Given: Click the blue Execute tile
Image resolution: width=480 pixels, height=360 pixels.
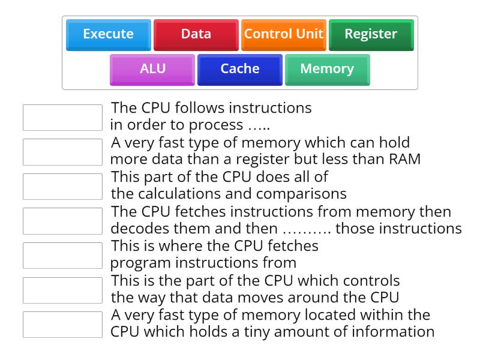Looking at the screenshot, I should (x=108, y=34).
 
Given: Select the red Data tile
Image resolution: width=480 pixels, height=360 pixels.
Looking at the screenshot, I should (x=196, y=34).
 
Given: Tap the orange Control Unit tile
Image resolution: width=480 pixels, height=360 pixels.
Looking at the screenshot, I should (x=283, y=34).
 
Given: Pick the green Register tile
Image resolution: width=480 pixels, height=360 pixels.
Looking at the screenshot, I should (x=371, y=34).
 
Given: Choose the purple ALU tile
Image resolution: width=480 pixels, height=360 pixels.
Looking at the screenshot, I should (x=152, y=69).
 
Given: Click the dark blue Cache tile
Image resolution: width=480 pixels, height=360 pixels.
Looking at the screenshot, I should (x=240, y=69).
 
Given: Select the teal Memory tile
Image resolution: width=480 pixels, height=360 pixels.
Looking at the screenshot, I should (x=327, y=69).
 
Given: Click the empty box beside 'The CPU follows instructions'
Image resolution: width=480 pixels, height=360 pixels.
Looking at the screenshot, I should (x=62, y=118).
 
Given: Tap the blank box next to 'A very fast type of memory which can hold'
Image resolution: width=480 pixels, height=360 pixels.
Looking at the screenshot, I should (x=62, y=152).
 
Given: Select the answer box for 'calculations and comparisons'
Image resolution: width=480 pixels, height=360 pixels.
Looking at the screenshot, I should (x=62, y=187).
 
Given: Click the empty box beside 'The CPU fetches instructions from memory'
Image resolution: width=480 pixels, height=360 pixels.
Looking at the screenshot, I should (x=62, y=221).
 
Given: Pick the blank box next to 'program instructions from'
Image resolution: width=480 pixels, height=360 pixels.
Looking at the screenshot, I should (x=62, y=256).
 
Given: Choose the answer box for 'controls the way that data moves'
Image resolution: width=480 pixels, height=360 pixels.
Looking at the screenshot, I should (x=62, y=290).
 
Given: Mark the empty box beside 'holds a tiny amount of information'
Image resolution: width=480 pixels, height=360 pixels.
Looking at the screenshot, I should (x=62, y=325).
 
